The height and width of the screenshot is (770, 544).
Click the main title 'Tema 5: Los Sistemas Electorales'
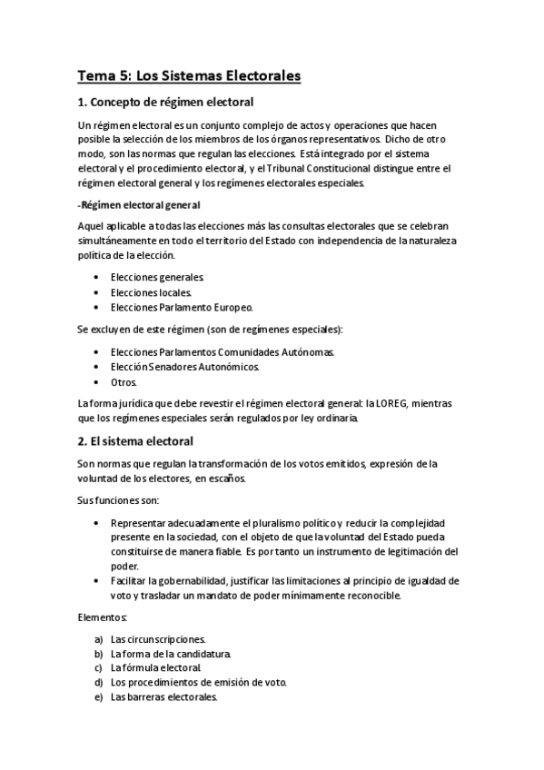pyautogui.click(x=189, y=76)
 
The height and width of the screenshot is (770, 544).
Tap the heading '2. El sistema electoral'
pyautogui.click(x=135, y=441)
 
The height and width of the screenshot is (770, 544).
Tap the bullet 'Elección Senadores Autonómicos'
pyautogui.click(x=184, y=367)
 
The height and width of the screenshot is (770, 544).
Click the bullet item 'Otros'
pyautogui.click(x=124, y=382)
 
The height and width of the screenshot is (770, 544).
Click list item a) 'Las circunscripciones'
pyautogui.click(x=158, y=639)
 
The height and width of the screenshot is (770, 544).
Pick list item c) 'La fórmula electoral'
pyautogui.click(x=155, y=668)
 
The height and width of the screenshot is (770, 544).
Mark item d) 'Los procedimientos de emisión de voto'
pyautogui.click(x=199, y=683)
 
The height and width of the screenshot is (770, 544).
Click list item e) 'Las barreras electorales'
pyautogui.click(x=163, y=697)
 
